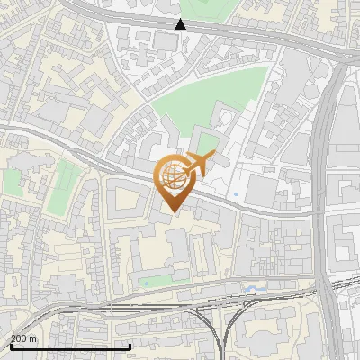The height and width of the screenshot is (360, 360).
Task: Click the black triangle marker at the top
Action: [181, 24]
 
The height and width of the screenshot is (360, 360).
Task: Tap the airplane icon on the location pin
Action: [199, 163]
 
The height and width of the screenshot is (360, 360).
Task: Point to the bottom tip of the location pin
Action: [173, 212]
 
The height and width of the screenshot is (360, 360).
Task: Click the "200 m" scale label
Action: [23, 338]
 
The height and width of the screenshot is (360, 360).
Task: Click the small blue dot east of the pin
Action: [236, 194]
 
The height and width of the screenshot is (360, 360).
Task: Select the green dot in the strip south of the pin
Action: [145, 284]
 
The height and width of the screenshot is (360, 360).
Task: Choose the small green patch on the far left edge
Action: [12, 181]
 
